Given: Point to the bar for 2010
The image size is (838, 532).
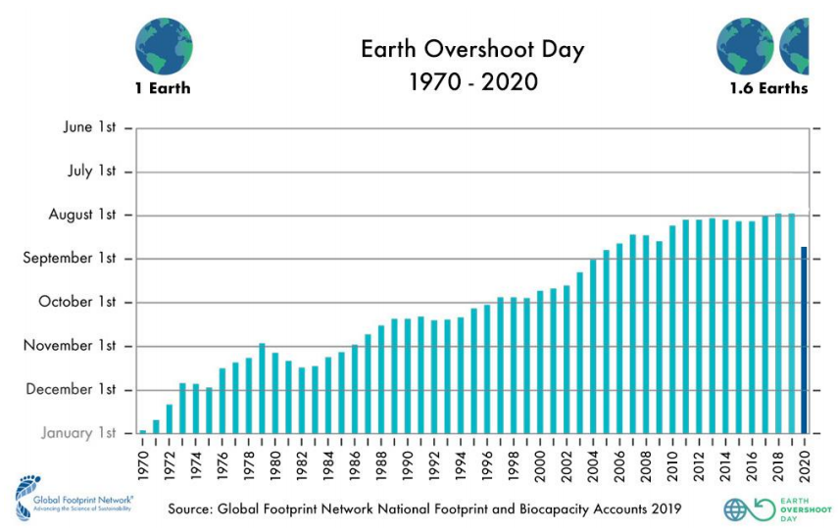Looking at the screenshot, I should tap(672, 329).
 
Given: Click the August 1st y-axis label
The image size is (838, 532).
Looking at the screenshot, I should tap(82, 215).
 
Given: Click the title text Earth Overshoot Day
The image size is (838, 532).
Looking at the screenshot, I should tap(472, 50).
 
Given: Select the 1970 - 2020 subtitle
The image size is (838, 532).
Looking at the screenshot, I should tap(472, 81).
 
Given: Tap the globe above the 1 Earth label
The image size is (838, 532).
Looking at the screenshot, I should tap(164, 46).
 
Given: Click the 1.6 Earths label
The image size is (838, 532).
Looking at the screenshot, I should tap(768, 88).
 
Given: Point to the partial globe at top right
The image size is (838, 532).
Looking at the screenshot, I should tap(795, 46).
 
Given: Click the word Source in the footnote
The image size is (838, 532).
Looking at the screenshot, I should tap(193, 509).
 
